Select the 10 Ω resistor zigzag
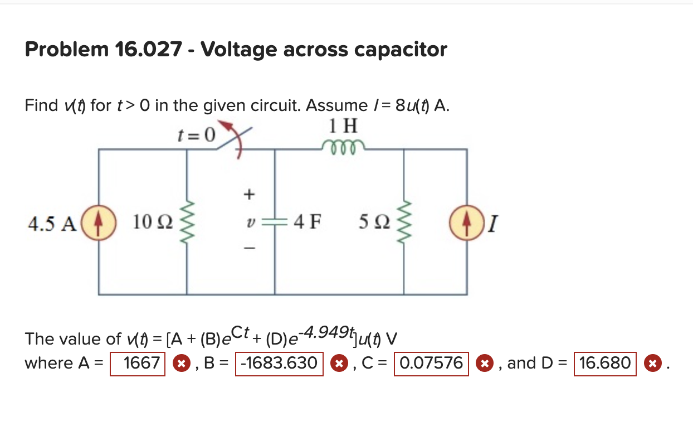[x=187, y=222]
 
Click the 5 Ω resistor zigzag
[x=404, y=222]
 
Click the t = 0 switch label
[x=196, y=134]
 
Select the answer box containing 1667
[x=138, y=364]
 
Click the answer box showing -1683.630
[x=280, y=364]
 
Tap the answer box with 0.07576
[x=431, y=364]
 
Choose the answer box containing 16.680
[x=605, y=364]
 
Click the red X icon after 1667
[x=179, y=364]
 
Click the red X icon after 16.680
[x=651, y=364]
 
